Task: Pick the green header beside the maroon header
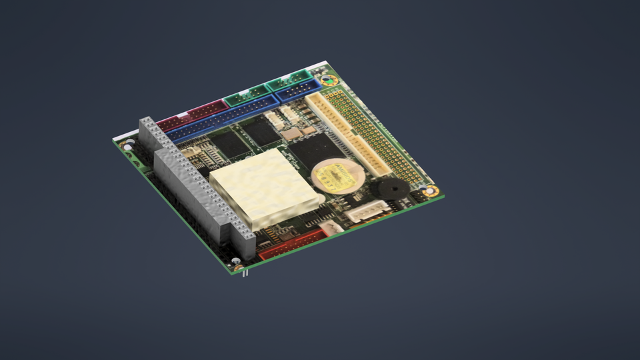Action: [x=246, y=98]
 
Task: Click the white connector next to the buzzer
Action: [x=367, y=210]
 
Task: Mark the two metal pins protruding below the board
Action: [x=245, y=271]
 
